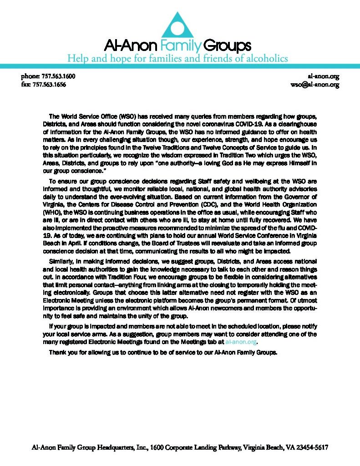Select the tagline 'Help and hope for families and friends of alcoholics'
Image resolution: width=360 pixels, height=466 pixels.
(178, 59)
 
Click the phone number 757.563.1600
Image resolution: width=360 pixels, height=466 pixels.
(56, 76)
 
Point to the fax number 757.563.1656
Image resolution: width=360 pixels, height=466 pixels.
(52, 85)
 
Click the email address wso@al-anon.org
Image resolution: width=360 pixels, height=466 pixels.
(315, 85)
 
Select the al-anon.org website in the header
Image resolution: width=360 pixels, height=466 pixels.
(324, 76)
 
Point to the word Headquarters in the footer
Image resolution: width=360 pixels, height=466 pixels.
(113, 447)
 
